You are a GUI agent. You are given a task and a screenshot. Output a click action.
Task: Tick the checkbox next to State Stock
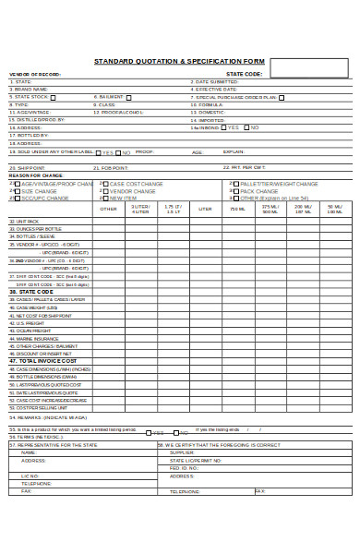click(x=53, y=97)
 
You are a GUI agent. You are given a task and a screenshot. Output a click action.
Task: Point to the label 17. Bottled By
click(x=28, y=136)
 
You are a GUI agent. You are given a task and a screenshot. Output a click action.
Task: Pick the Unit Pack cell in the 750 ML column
click(x=238, y=222)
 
